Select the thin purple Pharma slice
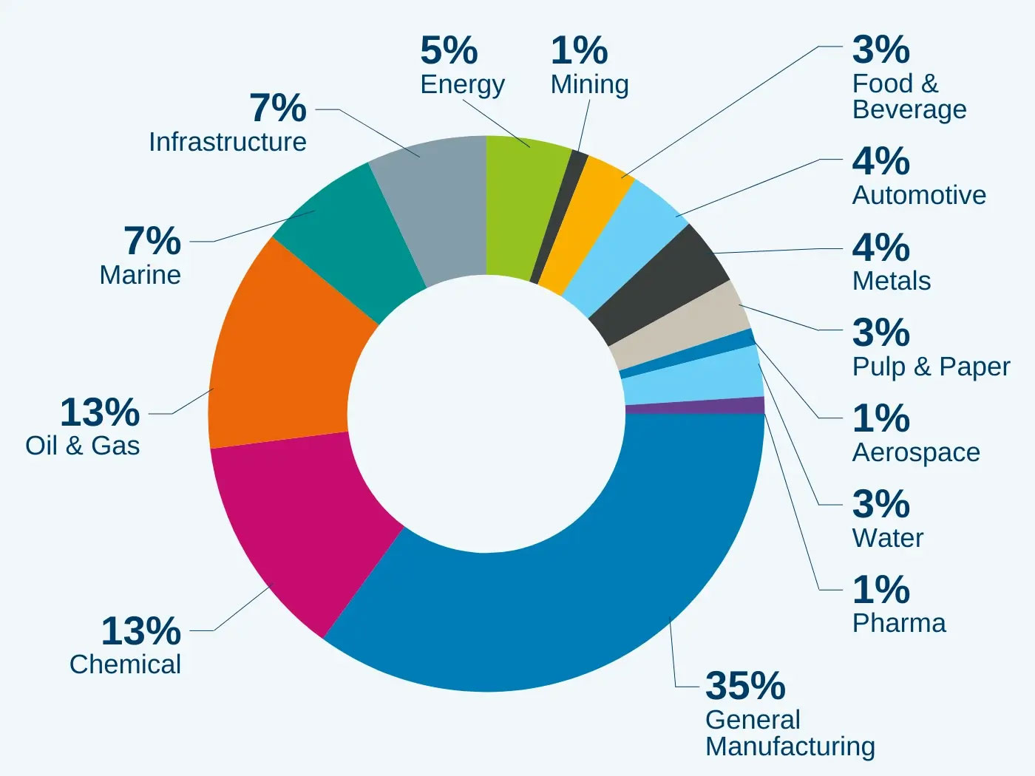point(695,406)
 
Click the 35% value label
point(745,685)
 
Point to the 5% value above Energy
point(449,51)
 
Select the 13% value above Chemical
point(140,631)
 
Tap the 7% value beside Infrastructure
point(278,109)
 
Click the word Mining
point(589,84)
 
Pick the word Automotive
point(919,195)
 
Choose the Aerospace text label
point(916,452)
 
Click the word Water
point(888,538)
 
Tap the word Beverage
point(909,109)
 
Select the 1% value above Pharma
point(880,590)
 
